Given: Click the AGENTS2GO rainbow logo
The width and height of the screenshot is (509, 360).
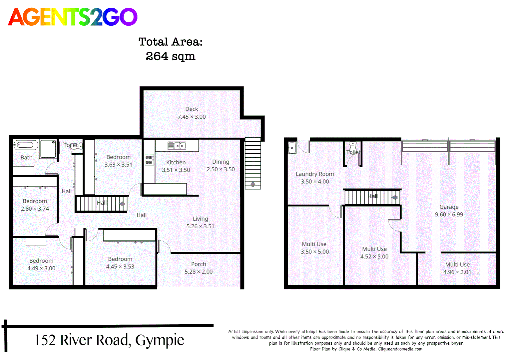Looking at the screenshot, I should coord(73,17).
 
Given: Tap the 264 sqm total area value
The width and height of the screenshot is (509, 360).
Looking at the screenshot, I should coord(170,56).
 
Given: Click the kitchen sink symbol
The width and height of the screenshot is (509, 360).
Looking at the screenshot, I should coord(177,146).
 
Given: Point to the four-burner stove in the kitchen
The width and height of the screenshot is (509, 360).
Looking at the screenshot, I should coord(149,160).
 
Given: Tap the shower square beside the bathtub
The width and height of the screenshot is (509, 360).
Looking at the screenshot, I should coord(48,149).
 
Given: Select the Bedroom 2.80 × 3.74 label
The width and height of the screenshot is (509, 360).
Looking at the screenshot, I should coord(35,205).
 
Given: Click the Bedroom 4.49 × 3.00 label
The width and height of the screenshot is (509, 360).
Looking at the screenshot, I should coord(41,265).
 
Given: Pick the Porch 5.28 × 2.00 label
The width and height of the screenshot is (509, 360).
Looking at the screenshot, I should coord(199,268).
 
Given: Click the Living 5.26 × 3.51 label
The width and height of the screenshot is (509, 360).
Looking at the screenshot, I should coord(200,222).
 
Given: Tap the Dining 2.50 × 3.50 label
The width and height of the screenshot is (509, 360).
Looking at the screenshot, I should coord(221,165).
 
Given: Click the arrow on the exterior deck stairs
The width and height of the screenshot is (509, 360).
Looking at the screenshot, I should coord(253,184).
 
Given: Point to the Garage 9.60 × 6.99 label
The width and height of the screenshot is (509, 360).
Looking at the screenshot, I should coord(449,211).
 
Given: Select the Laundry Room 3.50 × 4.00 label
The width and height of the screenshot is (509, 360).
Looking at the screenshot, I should coord(315,178).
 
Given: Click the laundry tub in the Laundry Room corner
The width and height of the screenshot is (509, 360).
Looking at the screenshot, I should coord(292,148).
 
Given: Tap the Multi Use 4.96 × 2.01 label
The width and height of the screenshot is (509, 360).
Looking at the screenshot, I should coord(457,268).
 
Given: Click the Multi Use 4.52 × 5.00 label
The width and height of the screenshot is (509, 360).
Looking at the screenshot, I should coord(374,253).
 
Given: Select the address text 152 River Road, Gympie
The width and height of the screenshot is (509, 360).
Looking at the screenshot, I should coord(109,340).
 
